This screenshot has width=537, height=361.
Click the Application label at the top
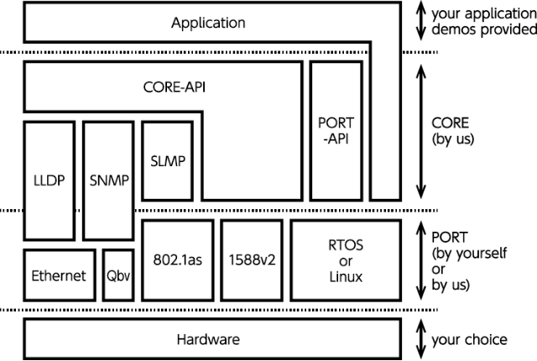pos(208,23)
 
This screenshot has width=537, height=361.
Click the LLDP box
pos(50,180)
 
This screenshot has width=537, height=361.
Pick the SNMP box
pos(109,180)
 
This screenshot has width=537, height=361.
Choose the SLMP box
pos(168,160)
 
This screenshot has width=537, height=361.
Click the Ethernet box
pos(59,275)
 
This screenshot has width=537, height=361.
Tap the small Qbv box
pos(117,275)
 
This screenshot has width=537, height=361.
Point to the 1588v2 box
pos(253,260)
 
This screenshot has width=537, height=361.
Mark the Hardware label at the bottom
pos(208,340)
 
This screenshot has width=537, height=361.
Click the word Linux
pos(343,276)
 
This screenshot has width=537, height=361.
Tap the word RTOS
pos(343,244)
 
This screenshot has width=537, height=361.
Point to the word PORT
pos(336,123)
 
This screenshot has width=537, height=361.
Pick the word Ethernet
pos(59,275)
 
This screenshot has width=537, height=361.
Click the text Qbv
pos(117,275)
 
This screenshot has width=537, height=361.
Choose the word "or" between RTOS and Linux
pos(343,260)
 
